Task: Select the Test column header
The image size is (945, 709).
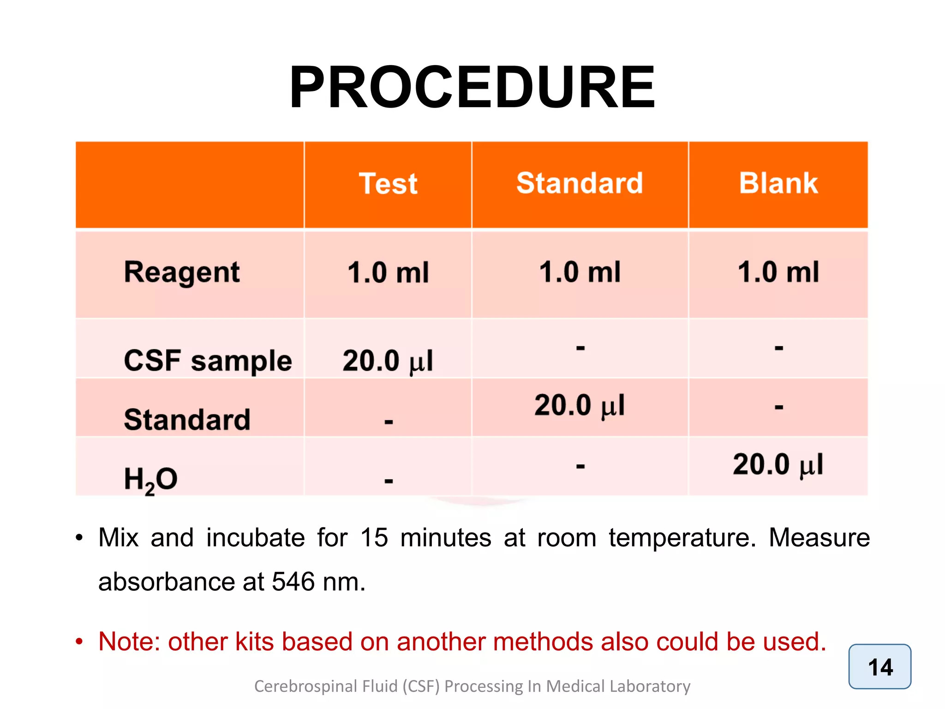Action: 388,184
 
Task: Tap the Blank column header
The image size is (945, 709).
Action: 778,183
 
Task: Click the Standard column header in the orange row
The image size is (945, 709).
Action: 580,183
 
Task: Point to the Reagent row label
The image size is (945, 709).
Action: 182,272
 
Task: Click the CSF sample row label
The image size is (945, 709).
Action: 208,361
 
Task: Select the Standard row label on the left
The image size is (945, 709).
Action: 187,420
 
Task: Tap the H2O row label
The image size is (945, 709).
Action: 150,479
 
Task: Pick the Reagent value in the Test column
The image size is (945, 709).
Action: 388,272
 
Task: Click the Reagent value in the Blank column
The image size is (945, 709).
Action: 778,272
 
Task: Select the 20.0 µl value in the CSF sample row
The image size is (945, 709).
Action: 388,361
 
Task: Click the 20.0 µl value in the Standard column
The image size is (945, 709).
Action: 580,406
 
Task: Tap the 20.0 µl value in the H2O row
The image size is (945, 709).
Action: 778,464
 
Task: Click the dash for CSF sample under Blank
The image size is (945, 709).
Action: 779,348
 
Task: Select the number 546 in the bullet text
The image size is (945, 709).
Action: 293,582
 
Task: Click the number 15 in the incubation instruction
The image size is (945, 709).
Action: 374,538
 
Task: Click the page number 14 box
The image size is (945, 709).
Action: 879,667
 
